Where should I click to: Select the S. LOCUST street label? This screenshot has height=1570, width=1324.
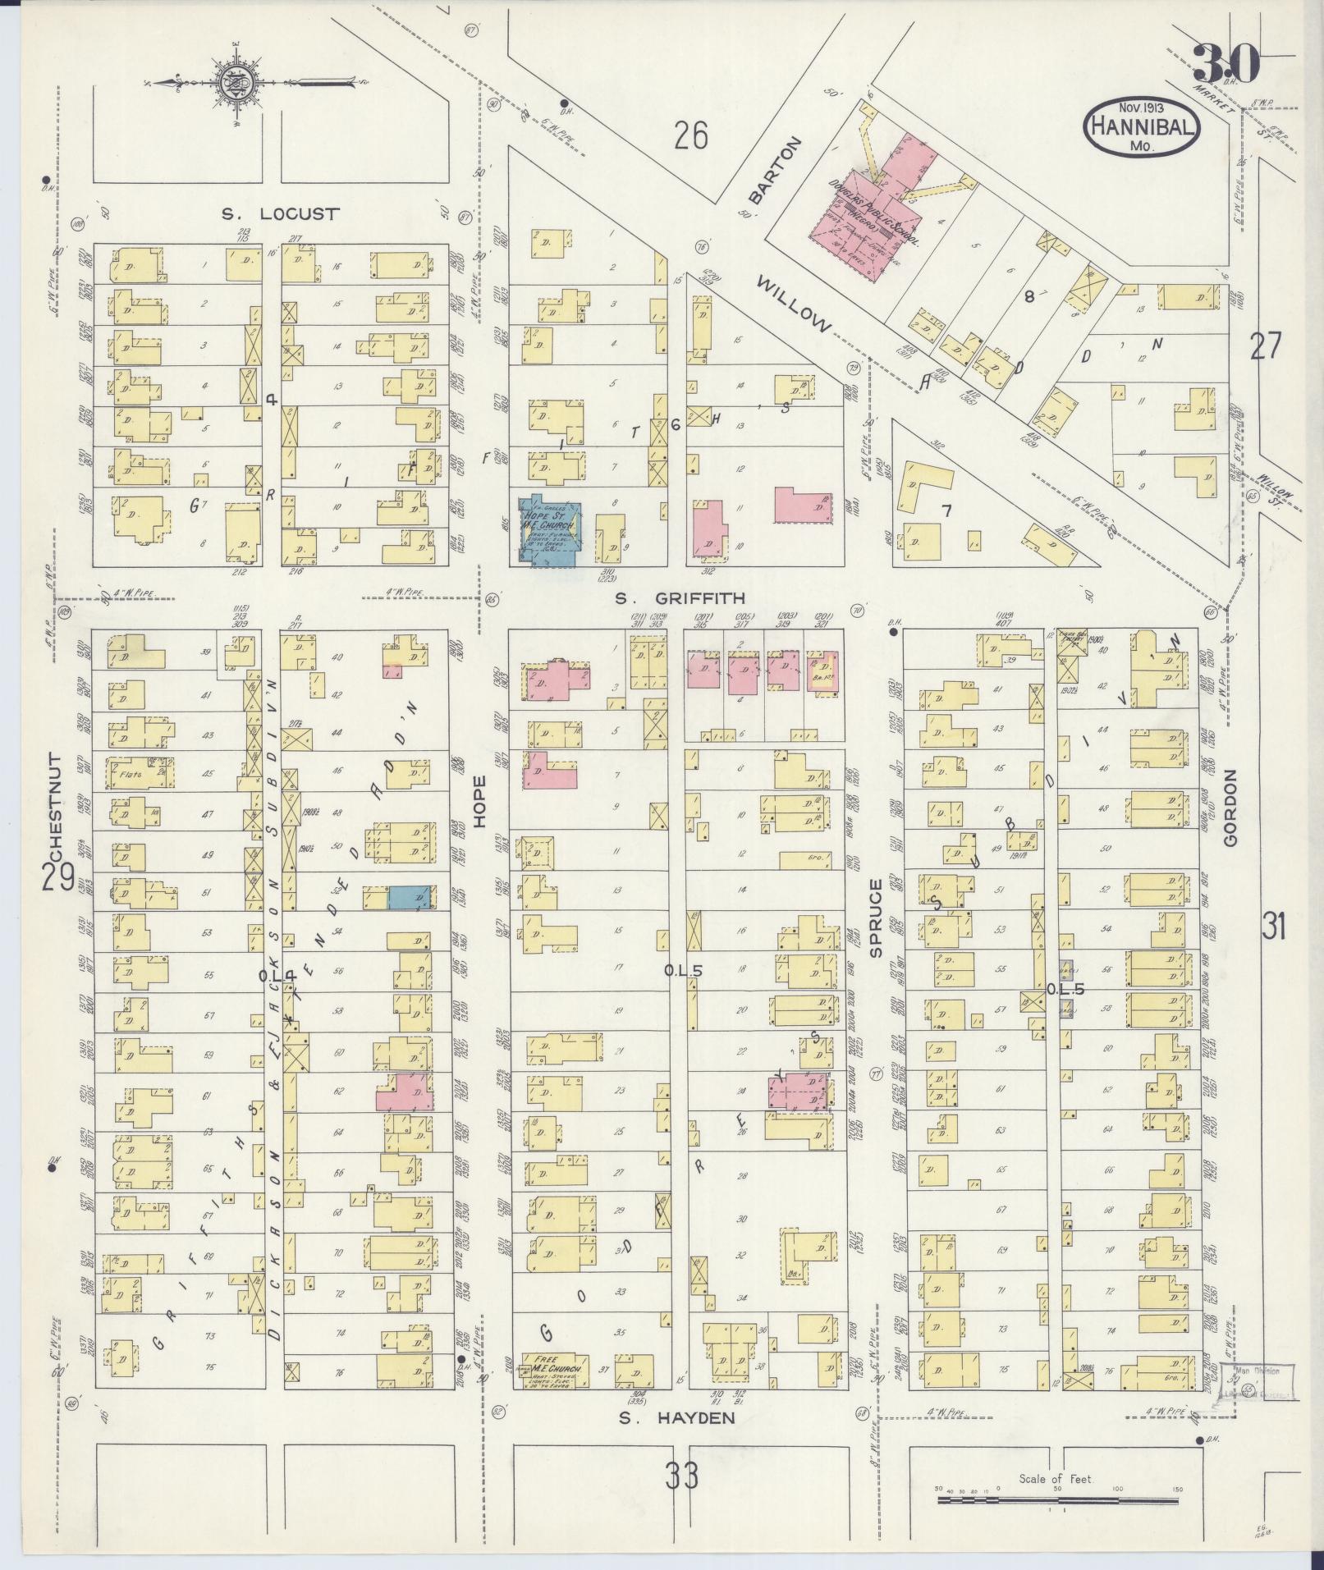click(x=280, y=214)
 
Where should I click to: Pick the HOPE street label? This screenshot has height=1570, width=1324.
click(x=479, y=803)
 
